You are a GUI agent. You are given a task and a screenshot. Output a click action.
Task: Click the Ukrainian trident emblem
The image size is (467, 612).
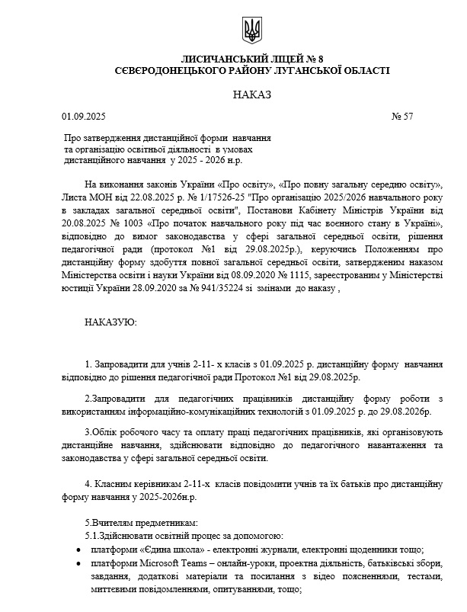click(x=251, y=30)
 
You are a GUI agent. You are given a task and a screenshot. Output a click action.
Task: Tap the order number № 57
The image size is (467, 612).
click(x=401, y=117)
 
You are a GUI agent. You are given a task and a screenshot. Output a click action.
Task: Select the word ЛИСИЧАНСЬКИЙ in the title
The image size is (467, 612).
click(x=229, y=59)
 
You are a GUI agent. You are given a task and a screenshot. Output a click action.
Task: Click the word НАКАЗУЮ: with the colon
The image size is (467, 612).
click(x=111, y=322)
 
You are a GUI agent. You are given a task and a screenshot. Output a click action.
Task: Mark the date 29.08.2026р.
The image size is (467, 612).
click(x=408, y=412)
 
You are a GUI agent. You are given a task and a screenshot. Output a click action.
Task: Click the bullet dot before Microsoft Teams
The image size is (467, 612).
click(x=81, y=563)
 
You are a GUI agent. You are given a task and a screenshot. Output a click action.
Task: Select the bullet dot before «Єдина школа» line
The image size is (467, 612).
click(x=81, y=550)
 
